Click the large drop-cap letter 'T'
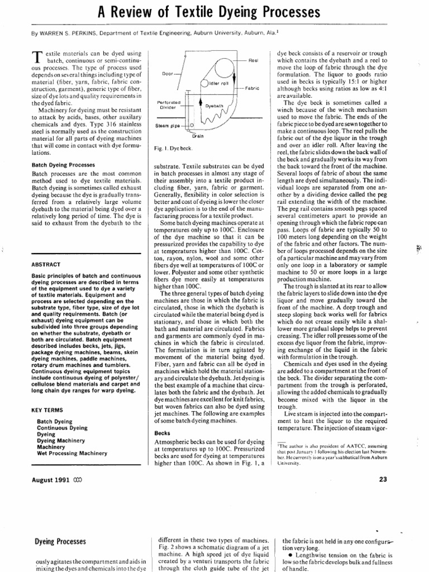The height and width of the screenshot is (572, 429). coord(38,56)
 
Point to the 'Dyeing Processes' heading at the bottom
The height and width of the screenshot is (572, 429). coord(60,541)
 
